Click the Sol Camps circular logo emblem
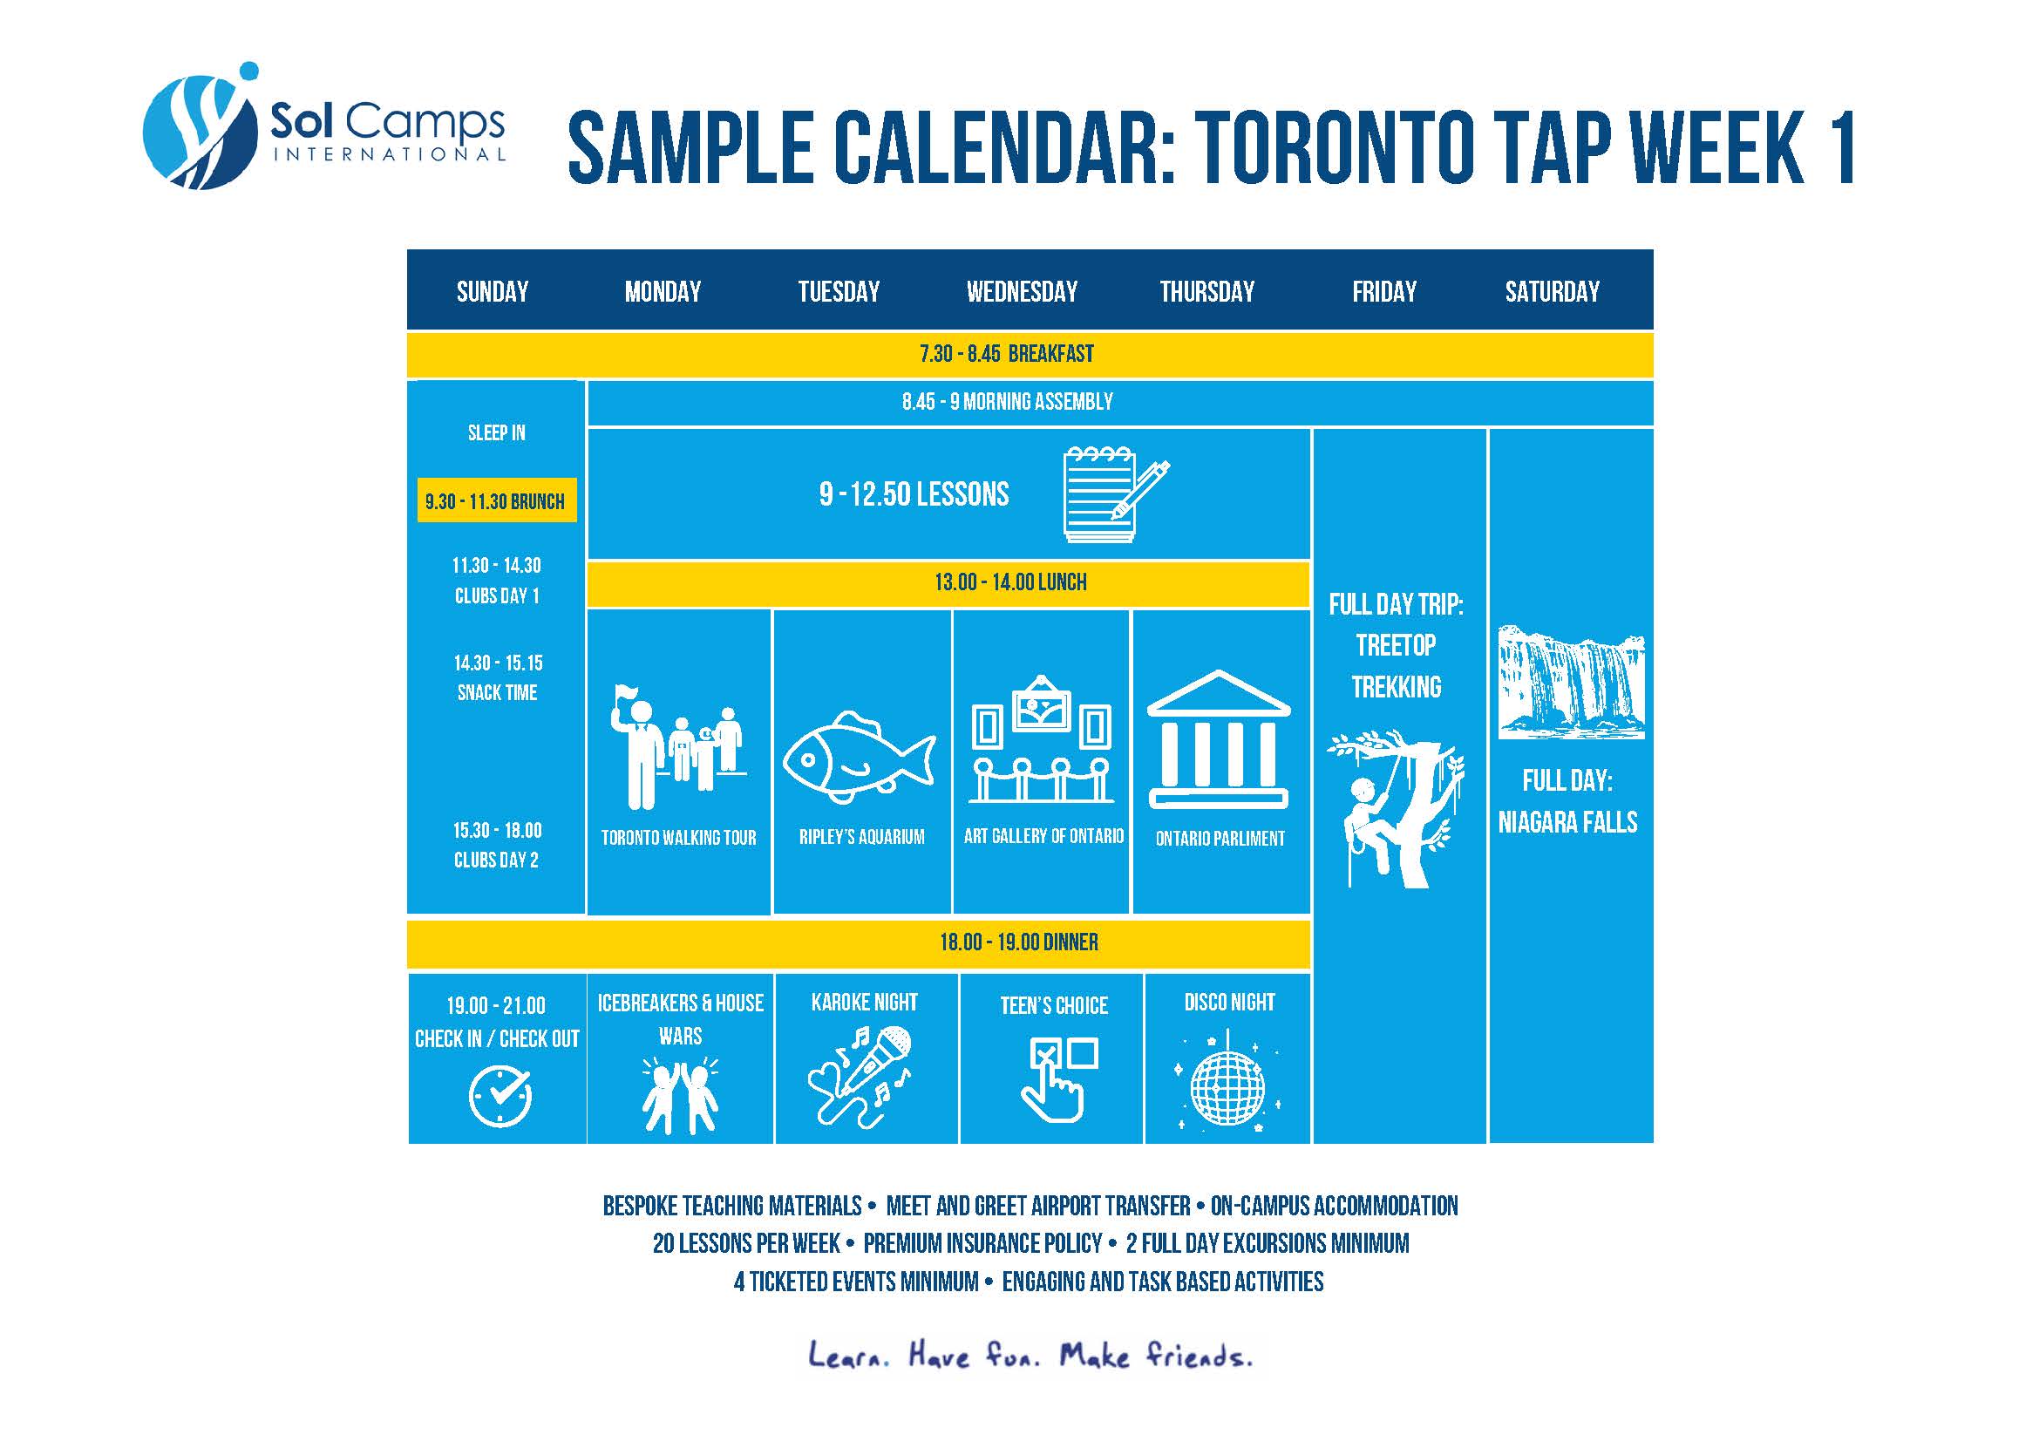201,126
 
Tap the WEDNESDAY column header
1023,291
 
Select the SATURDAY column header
1553,291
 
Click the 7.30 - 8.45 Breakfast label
1007,353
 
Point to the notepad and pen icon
1117,493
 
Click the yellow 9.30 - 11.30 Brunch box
496,500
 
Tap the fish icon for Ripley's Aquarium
859,756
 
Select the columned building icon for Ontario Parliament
1219,738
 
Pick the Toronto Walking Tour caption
678,837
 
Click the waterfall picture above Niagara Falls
1571,682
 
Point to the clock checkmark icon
500,1096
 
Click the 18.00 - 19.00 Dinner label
1018,942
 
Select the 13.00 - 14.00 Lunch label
1010,582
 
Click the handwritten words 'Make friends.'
1155,1355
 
